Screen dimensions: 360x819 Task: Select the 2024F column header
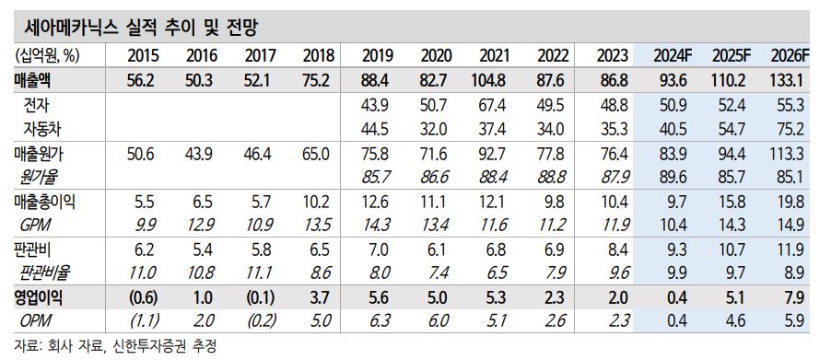669,55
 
